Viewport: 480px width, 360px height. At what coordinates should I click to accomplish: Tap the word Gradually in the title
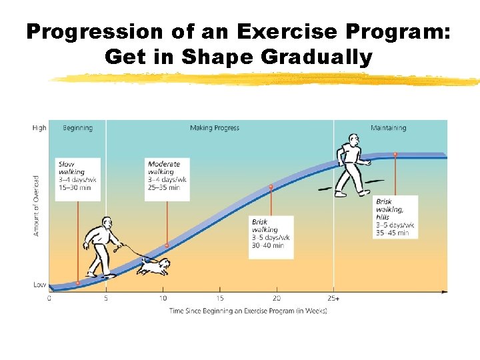coord(317,57)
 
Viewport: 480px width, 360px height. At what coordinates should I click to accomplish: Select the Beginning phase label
coord(78,128)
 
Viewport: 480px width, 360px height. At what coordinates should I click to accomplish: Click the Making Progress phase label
coord(214,128)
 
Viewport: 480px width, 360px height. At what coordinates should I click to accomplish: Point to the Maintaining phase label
coord(389,128)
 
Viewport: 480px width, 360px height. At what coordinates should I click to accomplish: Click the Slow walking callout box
coord(79,179)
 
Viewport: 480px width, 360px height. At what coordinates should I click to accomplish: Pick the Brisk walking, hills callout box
coord(395,217)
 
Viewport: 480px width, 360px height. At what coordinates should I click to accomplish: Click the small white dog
coord(154,266)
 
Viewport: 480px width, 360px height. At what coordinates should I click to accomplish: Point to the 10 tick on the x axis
coord(163,298)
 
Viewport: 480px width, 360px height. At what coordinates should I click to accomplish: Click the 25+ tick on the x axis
coord(333,298)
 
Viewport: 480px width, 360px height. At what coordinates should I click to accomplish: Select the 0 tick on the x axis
coord(49,298)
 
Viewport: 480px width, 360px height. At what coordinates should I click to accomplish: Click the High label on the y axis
coord(39,128)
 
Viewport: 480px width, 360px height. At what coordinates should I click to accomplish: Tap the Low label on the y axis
coord(40,285)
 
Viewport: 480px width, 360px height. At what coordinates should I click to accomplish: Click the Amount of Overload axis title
coord(37,205)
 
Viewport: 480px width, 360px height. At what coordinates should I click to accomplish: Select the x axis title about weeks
coord(248,311)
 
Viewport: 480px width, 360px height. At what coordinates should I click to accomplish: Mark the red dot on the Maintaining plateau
coord(395,154)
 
